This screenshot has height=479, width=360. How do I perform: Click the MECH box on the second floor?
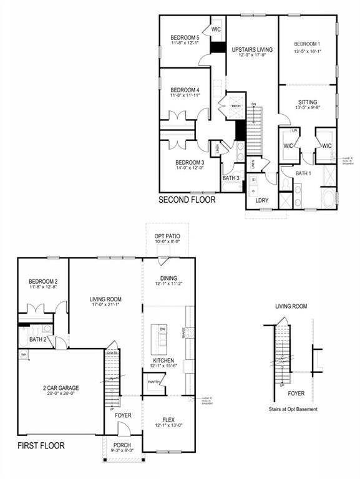click(x=236, y=106)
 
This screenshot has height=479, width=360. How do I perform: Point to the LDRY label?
click(x=260, y=201)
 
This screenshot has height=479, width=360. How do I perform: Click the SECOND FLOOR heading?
click(x=187, y=200)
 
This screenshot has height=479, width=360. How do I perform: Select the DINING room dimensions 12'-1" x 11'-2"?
click(x=168, y=284)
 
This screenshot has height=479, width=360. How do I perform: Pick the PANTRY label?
click(x=155, y=382)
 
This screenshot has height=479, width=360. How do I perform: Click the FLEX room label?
click(x=168, y=419)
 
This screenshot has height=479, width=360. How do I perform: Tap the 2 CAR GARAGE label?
click(x=61, y=387)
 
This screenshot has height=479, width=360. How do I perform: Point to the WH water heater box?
click(x=24, y=355)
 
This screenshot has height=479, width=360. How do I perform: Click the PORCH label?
click(x=122, y=445)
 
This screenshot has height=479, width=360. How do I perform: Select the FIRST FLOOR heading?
click(x=41, y=446)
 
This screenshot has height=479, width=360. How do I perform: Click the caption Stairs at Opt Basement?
click(x=292, y=409)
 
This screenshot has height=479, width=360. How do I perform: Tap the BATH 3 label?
click(x=231, y=178)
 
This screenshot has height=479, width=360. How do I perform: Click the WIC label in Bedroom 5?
click(x=216, y=29)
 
